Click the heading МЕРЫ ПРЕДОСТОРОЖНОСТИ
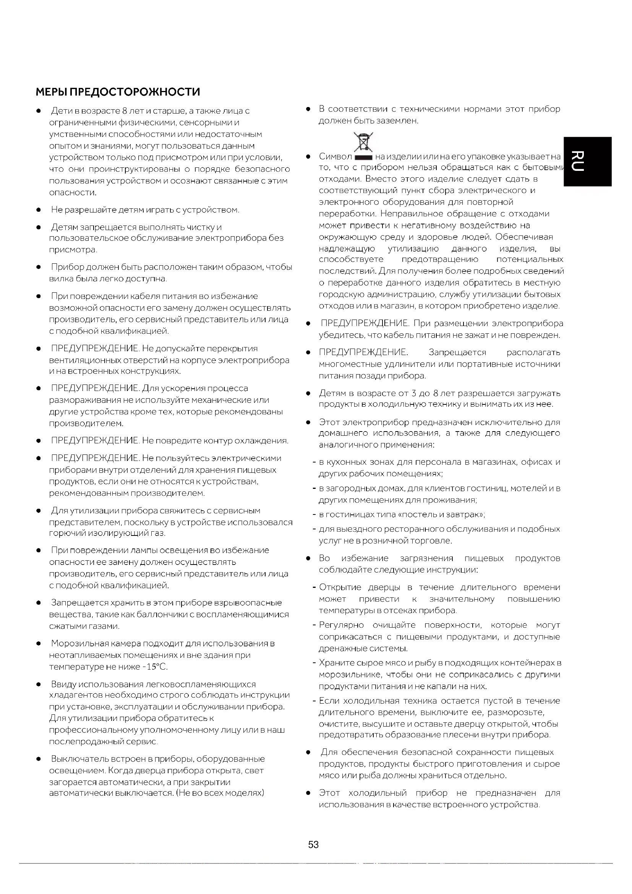click(x=118, y=92)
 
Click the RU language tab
click(x=588, y=161)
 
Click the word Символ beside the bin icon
click(x=335, y=157)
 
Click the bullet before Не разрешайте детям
click(x=39, y=210)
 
